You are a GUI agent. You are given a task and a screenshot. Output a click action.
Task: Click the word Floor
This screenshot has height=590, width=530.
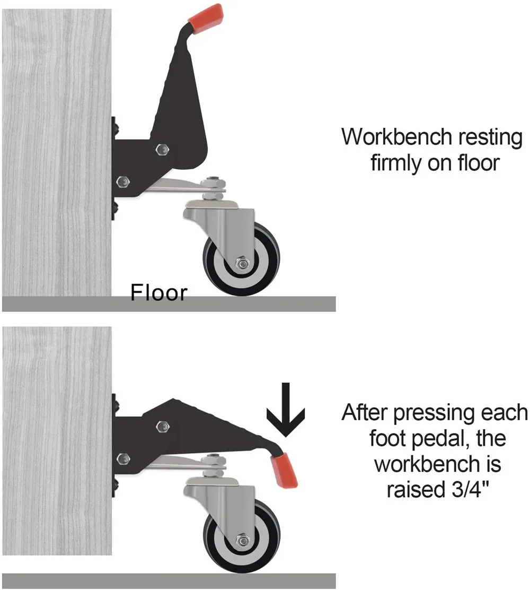pyautogui.click(x=158, y=292)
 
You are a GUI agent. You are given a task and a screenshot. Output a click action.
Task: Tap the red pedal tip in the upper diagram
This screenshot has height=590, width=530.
pyautogui.click(x=206, y=18)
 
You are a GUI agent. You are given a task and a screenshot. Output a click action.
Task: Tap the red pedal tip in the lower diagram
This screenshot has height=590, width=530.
pyautogui.click(x=285, y=470)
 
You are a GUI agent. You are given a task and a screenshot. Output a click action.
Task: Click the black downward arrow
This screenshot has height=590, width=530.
pyautogui.click(x=286, y=410)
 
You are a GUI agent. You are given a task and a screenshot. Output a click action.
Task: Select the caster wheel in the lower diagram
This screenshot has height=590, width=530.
pyautogui.click(x=242, y=536)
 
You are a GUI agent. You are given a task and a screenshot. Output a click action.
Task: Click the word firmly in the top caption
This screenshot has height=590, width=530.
pyautogui.click(x=396, y=163)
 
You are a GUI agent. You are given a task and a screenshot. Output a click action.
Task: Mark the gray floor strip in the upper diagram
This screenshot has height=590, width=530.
pyautogui.click(x=169, y=304)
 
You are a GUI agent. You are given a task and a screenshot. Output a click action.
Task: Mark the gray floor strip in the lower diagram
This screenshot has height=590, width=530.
pyautogui.click(x=169, y=581)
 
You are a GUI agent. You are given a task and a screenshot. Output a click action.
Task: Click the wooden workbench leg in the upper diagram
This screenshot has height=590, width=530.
pyautogui.click(x=57, y=152)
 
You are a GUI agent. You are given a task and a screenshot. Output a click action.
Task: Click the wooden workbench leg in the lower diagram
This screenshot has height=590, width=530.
pyautogui.click(x=57, y=440)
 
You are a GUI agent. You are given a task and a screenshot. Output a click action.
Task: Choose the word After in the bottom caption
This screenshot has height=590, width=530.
pyautogui.click(x=365, y=412)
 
